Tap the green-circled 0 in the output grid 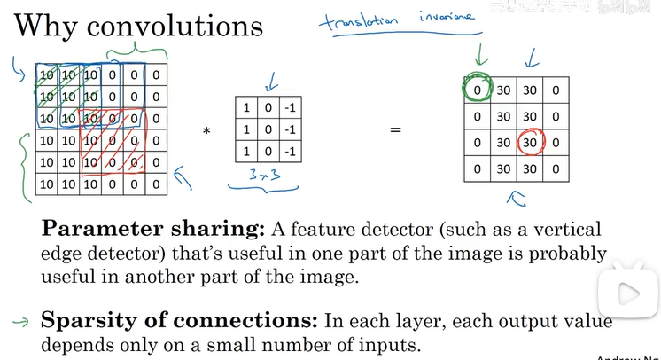(478, 90)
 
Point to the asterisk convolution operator (206, 132)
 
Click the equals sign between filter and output (395, 130)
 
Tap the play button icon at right (628, 293)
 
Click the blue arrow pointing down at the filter (271, 86)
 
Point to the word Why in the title (46, 25)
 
